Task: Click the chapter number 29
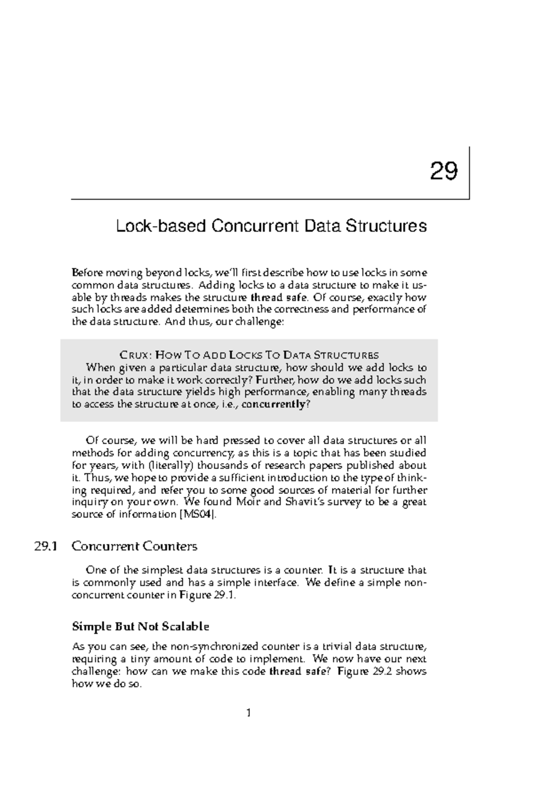pyautogui.click(x=444, y=171)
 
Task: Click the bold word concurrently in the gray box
pyautogui.click(x=273, y=404)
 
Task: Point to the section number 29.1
pyautogui.click(x=46, y=546)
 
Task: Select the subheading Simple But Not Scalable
pyautogui.click(x=140, y=626)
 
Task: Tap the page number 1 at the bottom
pyautogui.click(x=249, y=713)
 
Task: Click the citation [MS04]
pyautogui.click(x=197, y=514)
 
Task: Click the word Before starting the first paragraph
pyautogui.click(x=87, y=272)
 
